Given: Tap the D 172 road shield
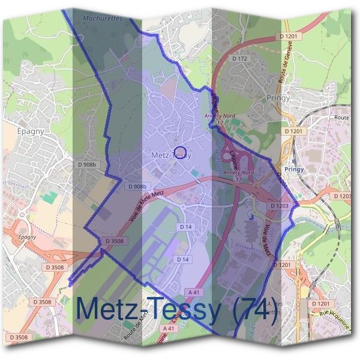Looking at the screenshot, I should pyautogui.click(x=239, y=58).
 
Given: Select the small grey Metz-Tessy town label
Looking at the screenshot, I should pyautogui.click(x=172, y=155).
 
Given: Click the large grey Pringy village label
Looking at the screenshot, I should pyautogui.click(x=277, y=97).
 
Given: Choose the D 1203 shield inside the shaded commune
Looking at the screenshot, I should pyautogui.click(x=280, y=206).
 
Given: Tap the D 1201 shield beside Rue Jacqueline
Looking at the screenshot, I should pyautogui.click(x=321, y=304).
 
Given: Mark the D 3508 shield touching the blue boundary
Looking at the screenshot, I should pyautogui.click(x=114, y=241).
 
